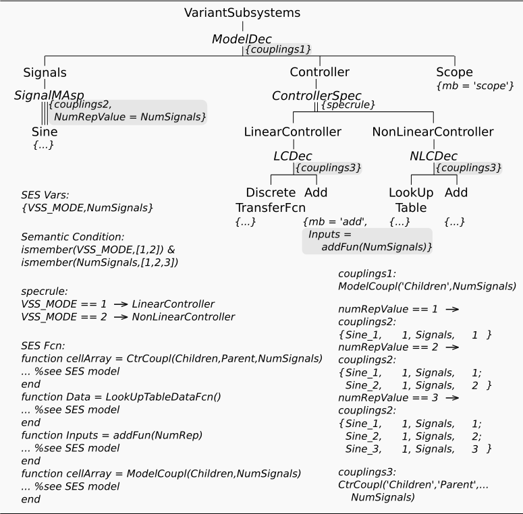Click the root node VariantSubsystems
(x=242, y=12)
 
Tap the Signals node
(x=45, y=72)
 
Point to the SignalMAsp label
(x=49, y=96)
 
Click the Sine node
(x=45, y=132)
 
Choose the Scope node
(x=454, y=72)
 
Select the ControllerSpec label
(x=314, y=96)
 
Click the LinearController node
(x=293, y=132)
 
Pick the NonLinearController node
(x=433, y=132)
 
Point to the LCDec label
(x=293, y=156)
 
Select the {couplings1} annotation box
(x=269, y=49)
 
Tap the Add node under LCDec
(x=316, y=192)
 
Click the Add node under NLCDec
(x=456, y=192)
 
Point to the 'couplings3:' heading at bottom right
(x=367, y=472)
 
